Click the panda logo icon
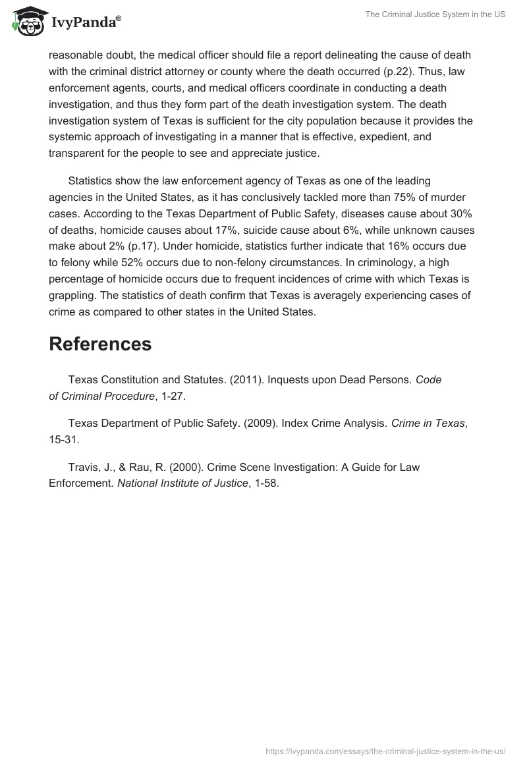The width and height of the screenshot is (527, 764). [26, 21]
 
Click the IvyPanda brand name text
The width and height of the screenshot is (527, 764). [86, 23]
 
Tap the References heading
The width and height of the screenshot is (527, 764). [100, 344]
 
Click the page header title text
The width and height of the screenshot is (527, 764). [435, 14]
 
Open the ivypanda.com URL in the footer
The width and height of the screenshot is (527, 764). [385, 751]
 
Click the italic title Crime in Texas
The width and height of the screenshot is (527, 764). [428, 423]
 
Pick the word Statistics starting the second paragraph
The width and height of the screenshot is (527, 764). [93, 180]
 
